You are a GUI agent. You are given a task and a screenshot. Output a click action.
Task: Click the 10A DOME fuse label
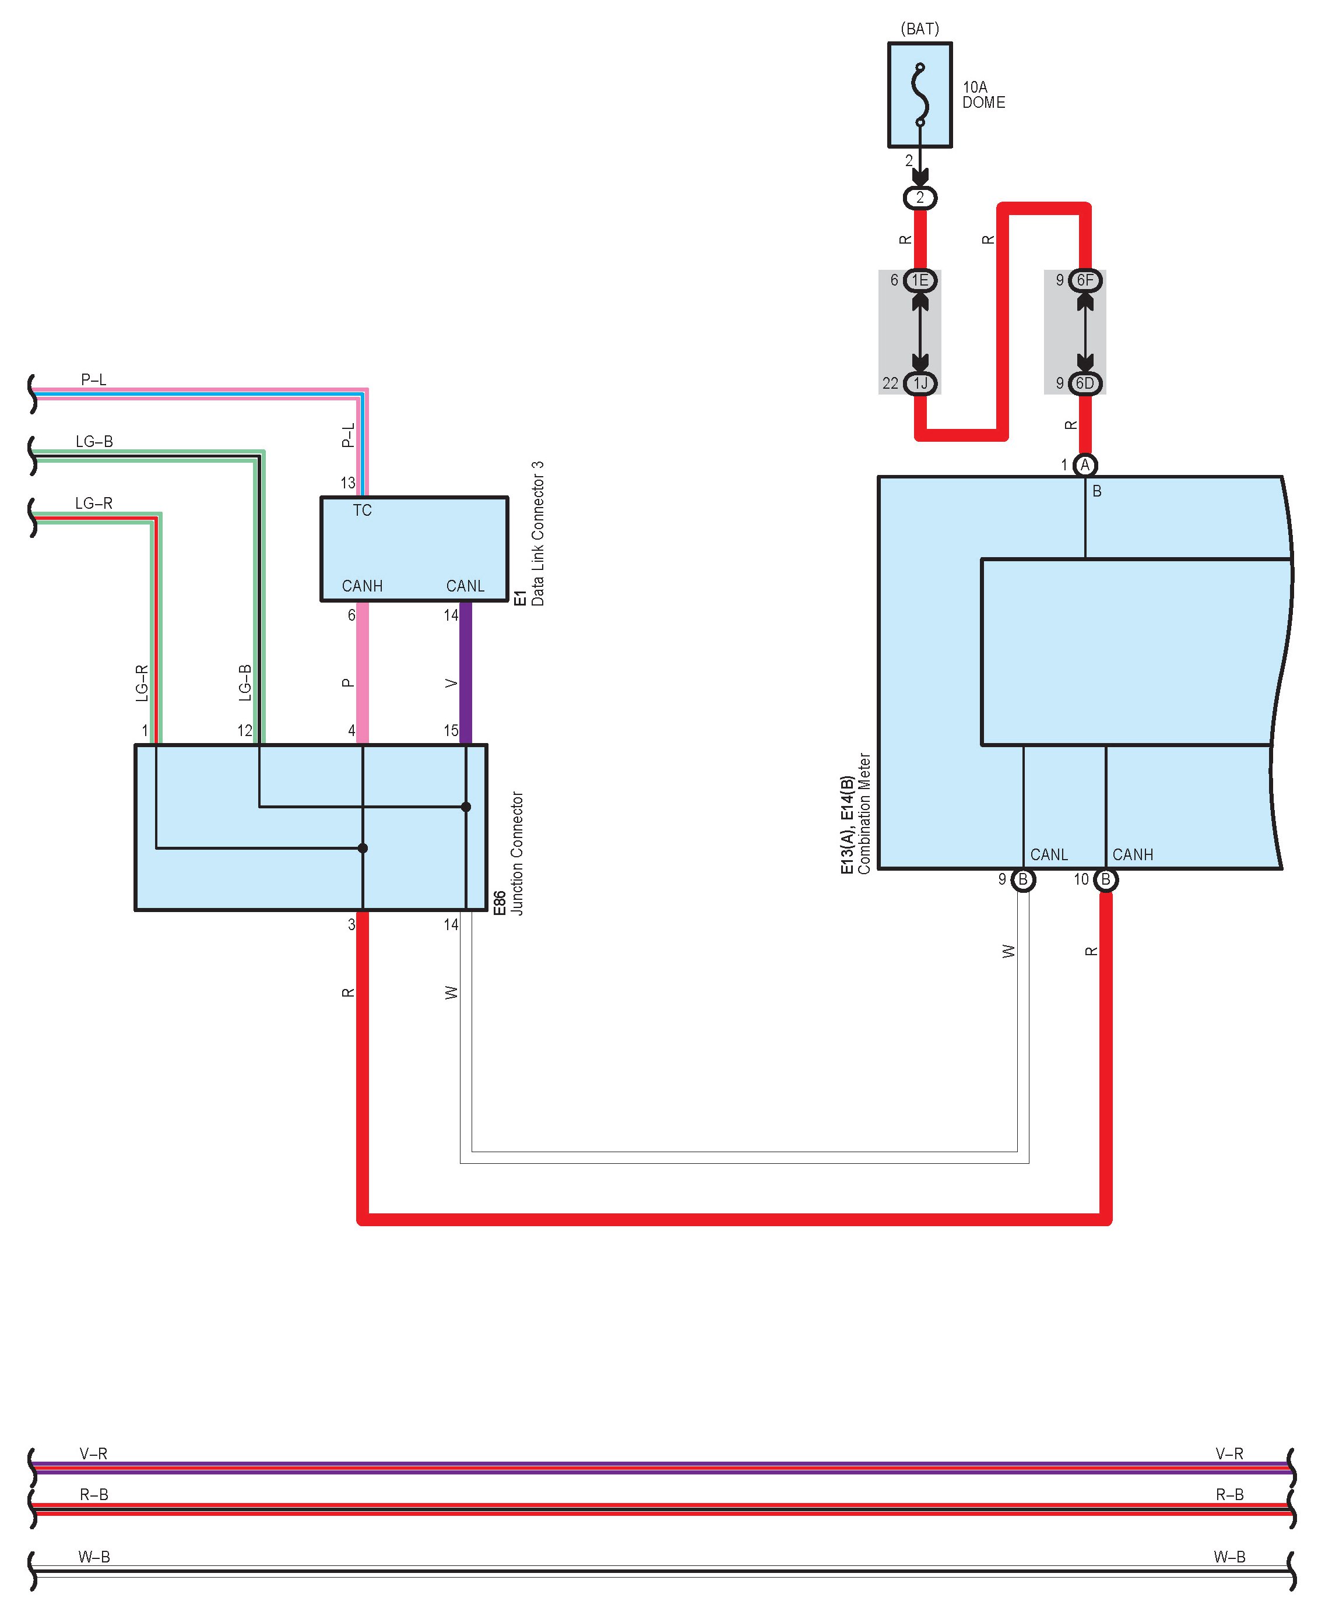pyautogui.click(x=983, y=95)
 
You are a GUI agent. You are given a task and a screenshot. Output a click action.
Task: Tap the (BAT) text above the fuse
pyautogui.click(x=919, y=29)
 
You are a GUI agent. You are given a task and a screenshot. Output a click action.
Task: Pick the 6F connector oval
pyautogui.click(x=1085, y=280)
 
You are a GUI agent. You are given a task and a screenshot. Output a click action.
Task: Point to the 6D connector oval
pyautogui.click(x=1085, y=383)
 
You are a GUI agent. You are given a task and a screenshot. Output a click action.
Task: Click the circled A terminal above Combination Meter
pyautogui.click(x=1085, y=464)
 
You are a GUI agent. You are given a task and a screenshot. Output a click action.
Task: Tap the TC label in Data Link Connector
pyautogui.click(x=362, y=511)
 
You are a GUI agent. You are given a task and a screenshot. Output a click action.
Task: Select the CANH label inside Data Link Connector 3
pyautogui.click(x=362, y=586)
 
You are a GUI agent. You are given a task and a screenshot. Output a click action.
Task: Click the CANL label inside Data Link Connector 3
pyautogui.click(x=465, y=586)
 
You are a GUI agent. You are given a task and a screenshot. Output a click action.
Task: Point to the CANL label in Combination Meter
pyautogui.click(x=1049, y=854)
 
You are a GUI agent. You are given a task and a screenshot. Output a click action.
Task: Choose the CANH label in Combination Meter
pyautogui.click(x=1132, y=854)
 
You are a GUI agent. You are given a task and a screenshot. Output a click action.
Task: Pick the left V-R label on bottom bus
pyautogui.click(x=93, y=1454)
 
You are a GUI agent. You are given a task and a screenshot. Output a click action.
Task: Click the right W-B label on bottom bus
pyautogui.click(x=1229, y=1557)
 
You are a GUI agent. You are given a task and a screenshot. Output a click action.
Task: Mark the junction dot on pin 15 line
pyautogui.click(x=466, y=807)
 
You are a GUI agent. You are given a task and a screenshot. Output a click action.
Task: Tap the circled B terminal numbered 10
pyautogui.click(x=1105, y=879)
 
